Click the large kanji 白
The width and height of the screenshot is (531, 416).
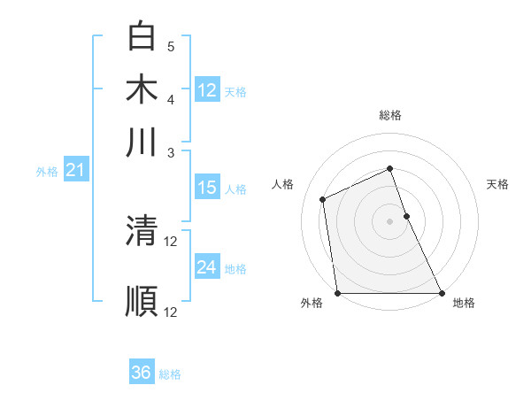[142, 37]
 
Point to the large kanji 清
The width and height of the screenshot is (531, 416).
[142, 232]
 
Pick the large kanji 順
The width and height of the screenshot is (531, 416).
[142, 300]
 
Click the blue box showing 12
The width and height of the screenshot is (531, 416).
[207, 89]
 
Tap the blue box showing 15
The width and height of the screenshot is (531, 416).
[207, 188]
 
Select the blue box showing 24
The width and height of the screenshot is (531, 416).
[207, 267]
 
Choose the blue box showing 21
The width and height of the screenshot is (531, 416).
[75, 171]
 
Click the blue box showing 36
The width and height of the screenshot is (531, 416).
[142, 373]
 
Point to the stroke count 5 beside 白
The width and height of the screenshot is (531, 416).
[171, 47]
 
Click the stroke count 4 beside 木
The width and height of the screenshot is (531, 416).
[171, 98]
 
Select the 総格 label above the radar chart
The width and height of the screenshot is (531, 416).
[390, 115]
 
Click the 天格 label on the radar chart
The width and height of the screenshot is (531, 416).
[498, 184]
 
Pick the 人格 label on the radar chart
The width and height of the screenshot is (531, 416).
[283, 184]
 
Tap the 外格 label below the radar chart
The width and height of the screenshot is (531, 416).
[312, 303]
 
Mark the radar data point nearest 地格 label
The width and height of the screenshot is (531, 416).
[441, 293]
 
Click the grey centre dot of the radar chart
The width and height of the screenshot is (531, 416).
[390, 221]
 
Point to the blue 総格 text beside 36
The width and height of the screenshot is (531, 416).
[170, 374]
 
